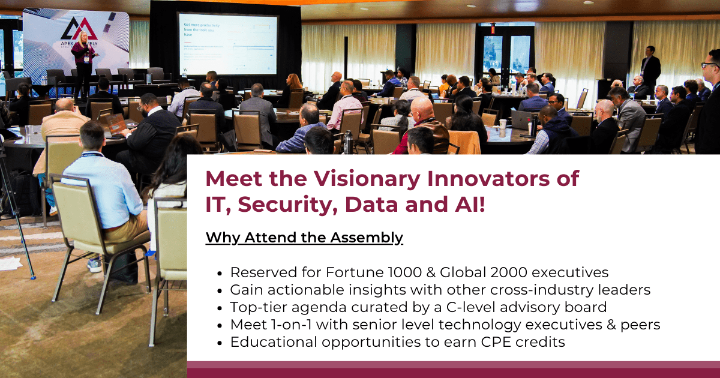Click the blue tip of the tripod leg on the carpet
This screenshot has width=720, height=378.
(33, 277)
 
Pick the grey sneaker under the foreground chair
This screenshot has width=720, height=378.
(94, 265)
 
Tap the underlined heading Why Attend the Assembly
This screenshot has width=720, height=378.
(304, 238)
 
